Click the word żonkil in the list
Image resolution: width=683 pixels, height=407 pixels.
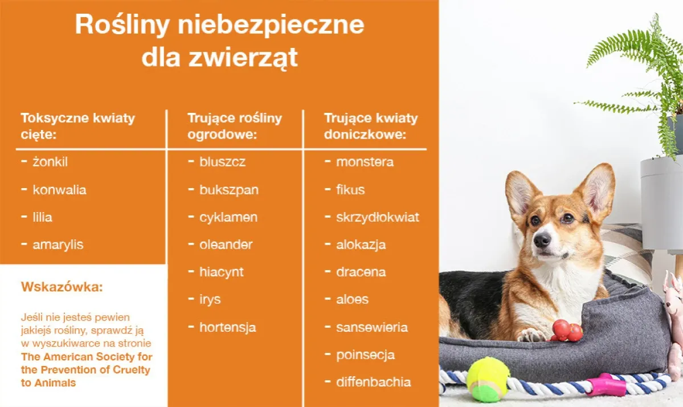[x=50, y=162]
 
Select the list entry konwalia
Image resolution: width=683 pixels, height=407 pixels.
[x=59, y=190]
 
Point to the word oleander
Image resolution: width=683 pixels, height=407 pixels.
[x=226, y=245]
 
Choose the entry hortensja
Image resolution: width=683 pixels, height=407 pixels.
[x=227, y=328]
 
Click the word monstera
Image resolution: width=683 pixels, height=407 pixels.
[x=365, y=162]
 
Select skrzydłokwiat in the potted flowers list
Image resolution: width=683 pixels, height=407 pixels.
[x=377, y=217]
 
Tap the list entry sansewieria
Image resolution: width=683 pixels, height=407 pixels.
[x=371, y=328]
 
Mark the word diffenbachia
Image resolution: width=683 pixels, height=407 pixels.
[x=373, y=382]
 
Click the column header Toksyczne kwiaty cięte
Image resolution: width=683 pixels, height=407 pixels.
[x=77, y=126]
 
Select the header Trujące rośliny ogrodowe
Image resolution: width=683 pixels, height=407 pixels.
[x=235, y=126]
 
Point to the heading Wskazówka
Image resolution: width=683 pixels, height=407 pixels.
[x=62, y=287]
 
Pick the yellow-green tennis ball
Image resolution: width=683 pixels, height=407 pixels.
[x=488, y=379]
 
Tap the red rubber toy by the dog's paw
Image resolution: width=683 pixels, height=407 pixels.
[x=566, y=330]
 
